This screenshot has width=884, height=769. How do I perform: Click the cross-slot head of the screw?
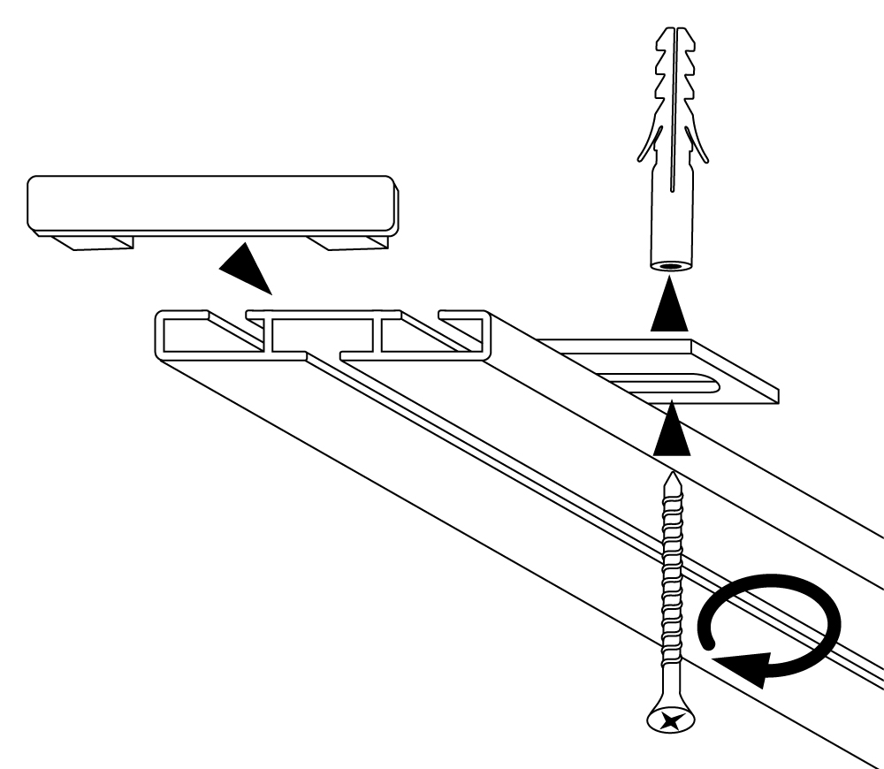point(669,718)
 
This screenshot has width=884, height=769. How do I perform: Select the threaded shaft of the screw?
point(671,583)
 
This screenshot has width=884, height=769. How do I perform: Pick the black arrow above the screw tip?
point(670,429)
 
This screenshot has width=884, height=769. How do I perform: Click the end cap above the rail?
point(212,203)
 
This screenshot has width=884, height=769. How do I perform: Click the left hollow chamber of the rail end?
point(208,336)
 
